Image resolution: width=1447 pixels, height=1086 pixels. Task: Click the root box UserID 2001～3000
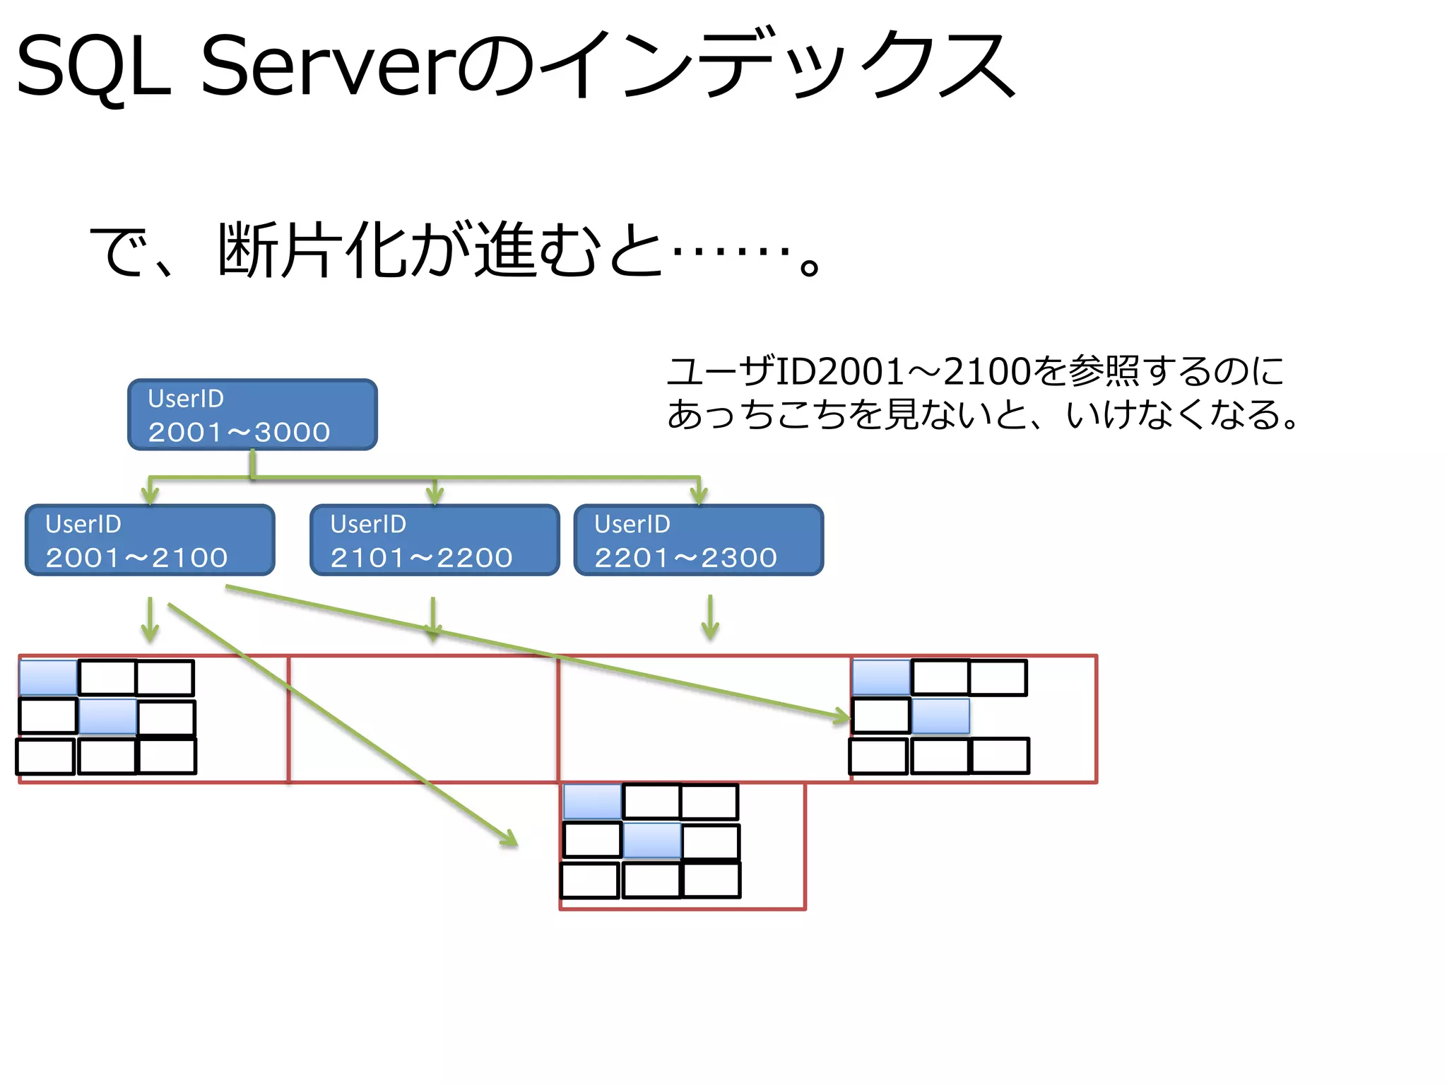pos(252,415)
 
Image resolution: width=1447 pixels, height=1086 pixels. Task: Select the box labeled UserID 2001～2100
pos(150,540)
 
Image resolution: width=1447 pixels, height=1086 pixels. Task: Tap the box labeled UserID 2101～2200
pos(435,540)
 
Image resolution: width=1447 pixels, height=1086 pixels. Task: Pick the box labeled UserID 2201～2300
pos(699,540)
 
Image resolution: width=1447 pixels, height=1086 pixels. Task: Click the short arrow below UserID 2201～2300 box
pos(710,618)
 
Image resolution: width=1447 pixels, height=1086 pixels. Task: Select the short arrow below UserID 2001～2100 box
pos(150,619)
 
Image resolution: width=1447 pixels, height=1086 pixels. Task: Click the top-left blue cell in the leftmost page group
pos(49,677)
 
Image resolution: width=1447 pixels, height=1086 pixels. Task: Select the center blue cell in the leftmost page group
pos(107,716)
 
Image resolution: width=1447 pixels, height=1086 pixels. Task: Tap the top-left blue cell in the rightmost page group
pos(881,677)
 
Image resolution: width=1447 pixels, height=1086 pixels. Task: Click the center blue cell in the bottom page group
pos(651,841)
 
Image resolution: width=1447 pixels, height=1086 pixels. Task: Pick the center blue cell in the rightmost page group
pos(940,716)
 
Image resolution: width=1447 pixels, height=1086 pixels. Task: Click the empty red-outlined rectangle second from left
pos(423,719)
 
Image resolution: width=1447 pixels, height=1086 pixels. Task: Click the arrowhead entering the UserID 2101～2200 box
pos(435,496)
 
